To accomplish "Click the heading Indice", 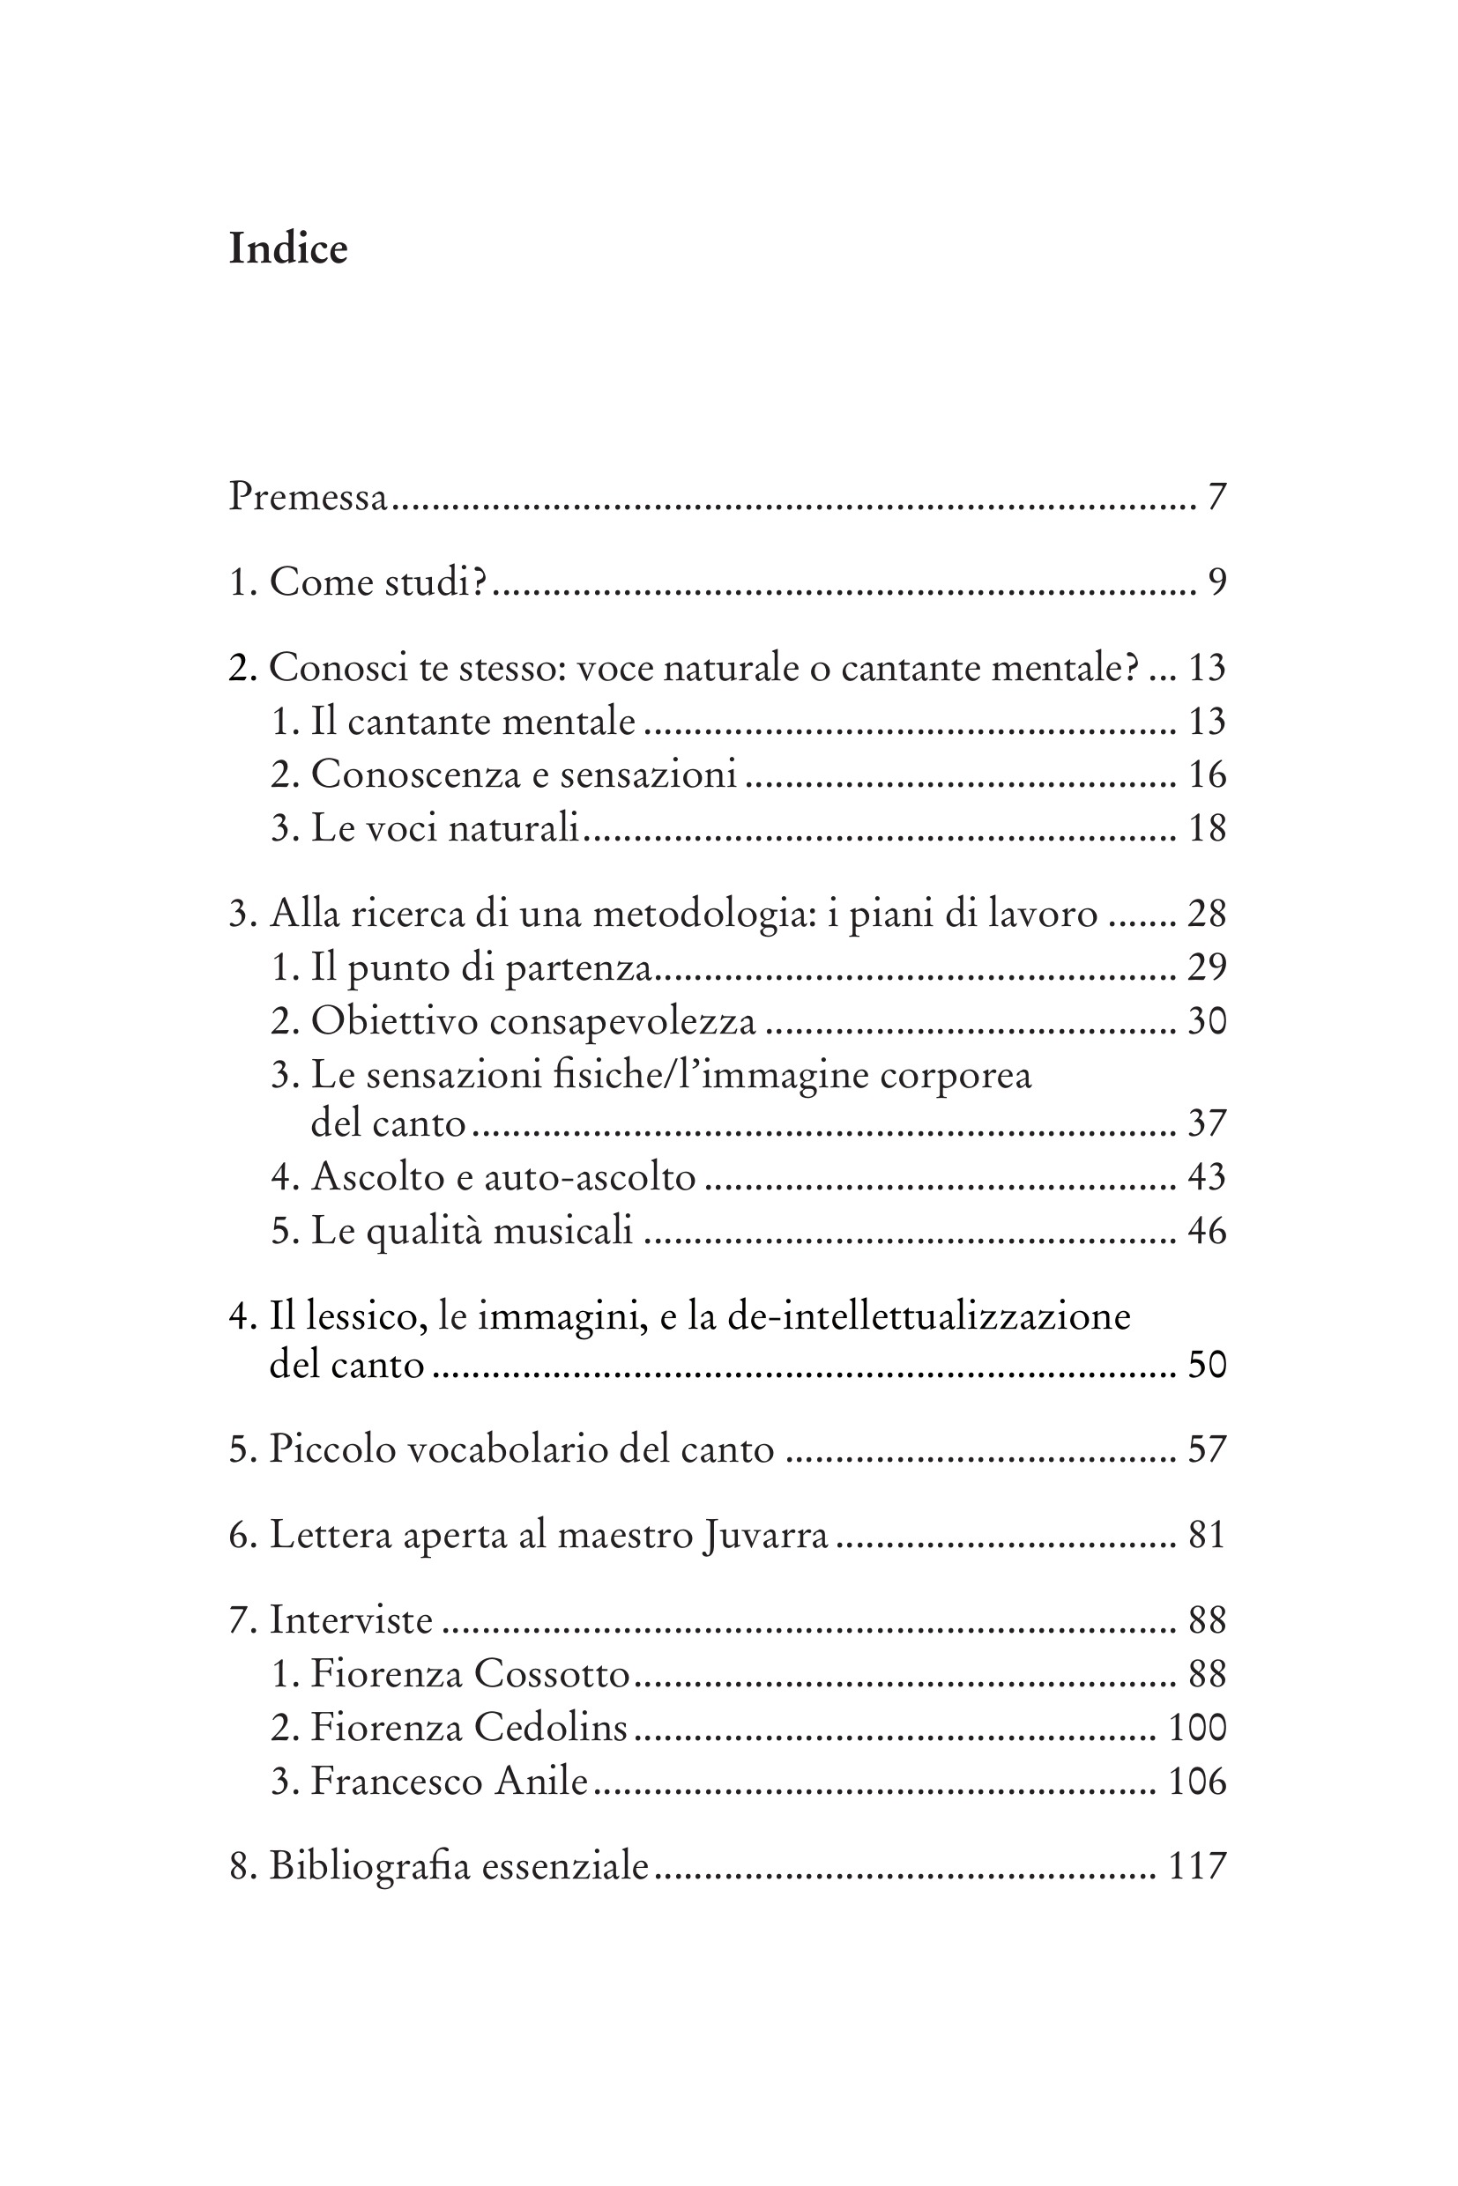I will click(x=288, y=249).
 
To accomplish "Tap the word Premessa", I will click(x=308, y=497).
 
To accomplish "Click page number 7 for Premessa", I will click(x=1217, y=498).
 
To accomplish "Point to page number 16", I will click(x=1207, y=775).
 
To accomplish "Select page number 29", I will click(x=1207, y=968).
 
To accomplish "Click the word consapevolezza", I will click(x=622, y=1022).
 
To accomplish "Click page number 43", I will click(x=1207, y=1177).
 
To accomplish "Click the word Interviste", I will click(x=351, y=1621).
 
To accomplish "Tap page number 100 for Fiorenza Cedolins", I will click(x=1198, y=1729).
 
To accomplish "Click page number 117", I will click(x=1198, y=1866).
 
